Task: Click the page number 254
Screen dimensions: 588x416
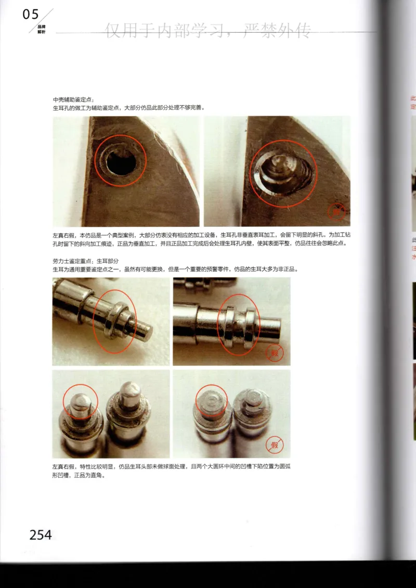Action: [40, 534]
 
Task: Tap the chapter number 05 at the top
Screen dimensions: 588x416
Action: [31, 15]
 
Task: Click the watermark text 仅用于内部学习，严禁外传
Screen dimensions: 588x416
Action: [208, 31]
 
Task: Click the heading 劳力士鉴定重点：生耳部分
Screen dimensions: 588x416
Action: [86, 261]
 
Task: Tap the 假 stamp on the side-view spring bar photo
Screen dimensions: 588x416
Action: [274, 354]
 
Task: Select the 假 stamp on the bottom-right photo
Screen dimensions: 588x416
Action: [274, 445]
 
